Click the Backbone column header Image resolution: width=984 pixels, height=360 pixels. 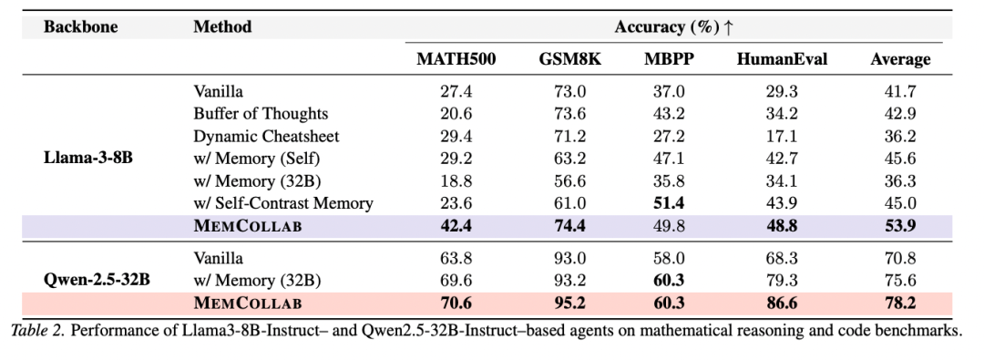pyautogui.click(x=80, y=27)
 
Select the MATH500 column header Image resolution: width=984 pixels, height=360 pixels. pyautogui.click(x=456, y=59)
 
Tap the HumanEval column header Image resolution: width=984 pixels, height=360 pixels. pyautogui.click(x=782, y=59)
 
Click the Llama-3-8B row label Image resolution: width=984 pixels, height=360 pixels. pyautogui.click(x=88, y=158)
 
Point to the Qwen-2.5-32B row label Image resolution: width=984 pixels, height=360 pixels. pyautogui.click(x=97, y=280)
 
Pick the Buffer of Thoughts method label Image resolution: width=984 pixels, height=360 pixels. pyautogui.click(x=261, y=114)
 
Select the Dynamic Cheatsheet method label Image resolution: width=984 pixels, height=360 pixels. pyautogui.click(x=266, y=136)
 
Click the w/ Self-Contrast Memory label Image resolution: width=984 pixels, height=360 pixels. pyautogui.click(x=283, y=203)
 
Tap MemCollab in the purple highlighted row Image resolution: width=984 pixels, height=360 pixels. pyautogui.click(x=247, y=226)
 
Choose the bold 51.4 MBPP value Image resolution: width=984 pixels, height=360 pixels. pyautogui.click(x=669, y=203)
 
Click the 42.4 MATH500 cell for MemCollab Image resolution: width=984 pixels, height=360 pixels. pyautogui.click(x=456, y=226)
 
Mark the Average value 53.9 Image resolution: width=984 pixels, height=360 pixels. pyautogui.click(x=900, y=226)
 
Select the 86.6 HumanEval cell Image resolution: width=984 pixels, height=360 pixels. pyautogui.click(x=782, y=303)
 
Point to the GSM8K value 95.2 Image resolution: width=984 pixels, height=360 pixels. pyautogui.click(x=569, y=303)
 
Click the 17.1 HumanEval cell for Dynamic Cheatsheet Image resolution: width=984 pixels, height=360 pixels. pyautogui.click(x=782, y=137)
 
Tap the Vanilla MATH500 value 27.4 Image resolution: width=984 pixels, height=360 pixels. pyautogui.click(x=456, y=92)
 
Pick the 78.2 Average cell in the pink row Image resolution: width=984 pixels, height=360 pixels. pyautogui.click(x=900, y=303)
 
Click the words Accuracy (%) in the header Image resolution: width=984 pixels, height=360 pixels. pyautogui.click(x=667, y=27)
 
